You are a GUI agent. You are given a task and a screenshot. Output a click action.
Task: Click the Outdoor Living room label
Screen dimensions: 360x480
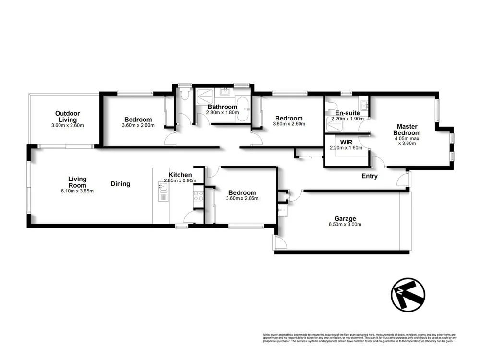point(67,117)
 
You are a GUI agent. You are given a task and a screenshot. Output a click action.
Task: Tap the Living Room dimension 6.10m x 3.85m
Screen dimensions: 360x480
point(77,191)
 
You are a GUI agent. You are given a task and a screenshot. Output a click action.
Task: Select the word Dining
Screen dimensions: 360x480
point(120,184)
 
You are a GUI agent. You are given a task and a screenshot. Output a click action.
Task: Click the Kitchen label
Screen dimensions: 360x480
point(180,175)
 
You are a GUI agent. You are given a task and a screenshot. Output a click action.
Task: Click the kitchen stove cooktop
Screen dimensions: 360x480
point(198,195)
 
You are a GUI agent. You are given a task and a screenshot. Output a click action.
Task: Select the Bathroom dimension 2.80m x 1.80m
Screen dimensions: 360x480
point(221,113)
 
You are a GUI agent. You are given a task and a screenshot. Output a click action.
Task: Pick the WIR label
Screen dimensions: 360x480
point(346,142)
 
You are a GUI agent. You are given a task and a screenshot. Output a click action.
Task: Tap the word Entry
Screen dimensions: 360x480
point(370,176)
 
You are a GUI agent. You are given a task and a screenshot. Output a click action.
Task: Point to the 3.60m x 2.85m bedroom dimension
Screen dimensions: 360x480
point(242,199)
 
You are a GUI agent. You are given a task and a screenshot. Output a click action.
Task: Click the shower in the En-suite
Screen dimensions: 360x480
point(334,125)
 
